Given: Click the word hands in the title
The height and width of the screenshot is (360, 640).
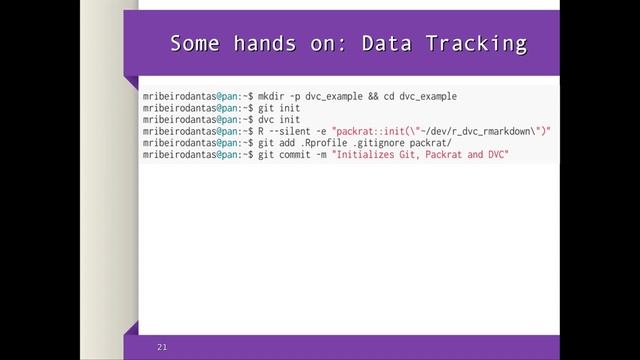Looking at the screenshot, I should coord(265,44).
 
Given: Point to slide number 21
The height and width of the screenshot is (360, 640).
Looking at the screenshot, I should coord(161,347).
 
